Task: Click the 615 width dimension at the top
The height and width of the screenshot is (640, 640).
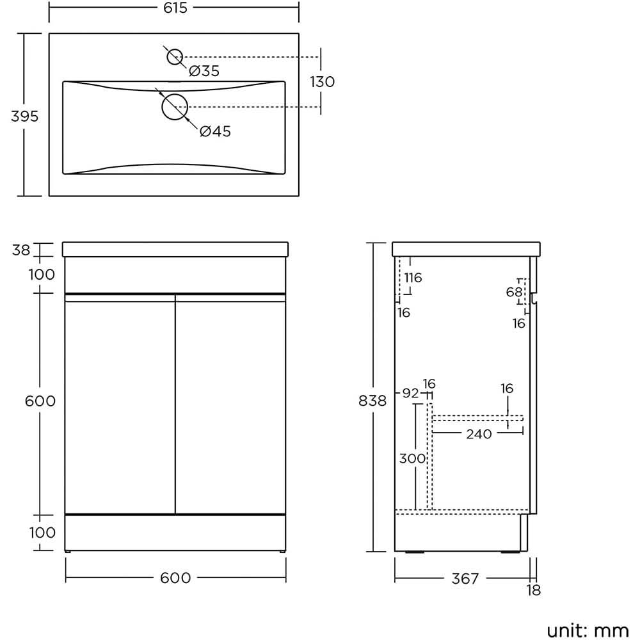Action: [x=175, y=8]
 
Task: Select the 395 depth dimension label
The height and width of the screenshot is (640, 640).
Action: [x=24, y=116]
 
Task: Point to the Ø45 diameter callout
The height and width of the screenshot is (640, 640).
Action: [x=215, y=132]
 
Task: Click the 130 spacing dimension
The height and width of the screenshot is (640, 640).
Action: [x=322, y=82]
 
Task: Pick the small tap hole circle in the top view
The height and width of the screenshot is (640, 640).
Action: [x=175, y=57]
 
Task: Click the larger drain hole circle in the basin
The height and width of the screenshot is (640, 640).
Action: [x=174, y=107]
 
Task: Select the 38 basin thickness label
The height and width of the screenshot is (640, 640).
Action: [x=21, y=250]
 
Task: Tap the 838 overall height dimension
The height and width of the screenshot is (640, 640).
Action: [x=373, y=401]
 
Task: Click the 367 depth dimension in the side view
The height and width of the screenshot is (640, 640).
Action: [x=465, y=579]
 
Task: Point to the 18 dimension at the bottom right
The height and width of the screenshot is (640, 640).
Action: [x=533, y=590]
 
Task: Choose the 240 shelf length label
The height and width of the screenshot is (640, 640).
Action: [x=479, y=435]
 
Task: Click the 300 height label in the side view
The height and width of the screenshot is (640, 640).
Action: [x=412, y=459]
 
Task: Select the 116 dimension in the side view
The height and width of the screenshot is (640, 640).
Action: [x=413, y=278]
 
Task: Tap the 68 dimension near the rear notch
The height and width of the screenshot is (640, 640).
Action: [x=514, y=292]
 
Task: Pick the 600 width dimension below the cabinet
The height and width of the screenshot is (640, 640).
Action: [x=175, y=578]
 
